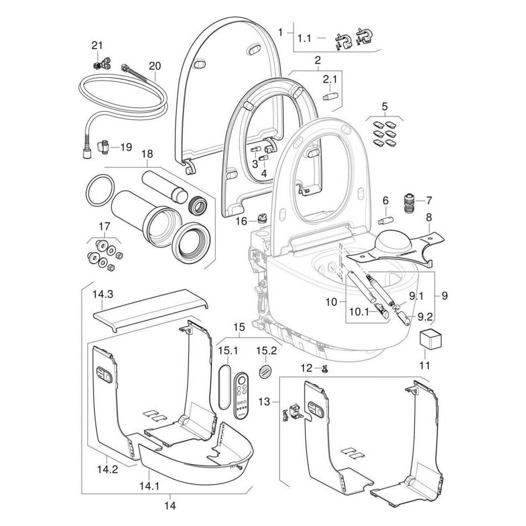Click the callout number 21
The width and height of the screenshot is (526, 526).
click(x=97, y=45)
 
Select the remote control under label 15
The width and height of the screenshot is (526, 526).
click(x=242, y=394)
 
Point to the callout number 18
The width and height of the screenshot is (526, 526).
click(x=147, y=154)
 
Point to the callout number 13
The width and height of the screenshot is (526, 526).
click(x=265, y=401)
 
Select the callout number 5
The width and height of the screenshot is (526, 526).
click(x=385, y=106)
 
